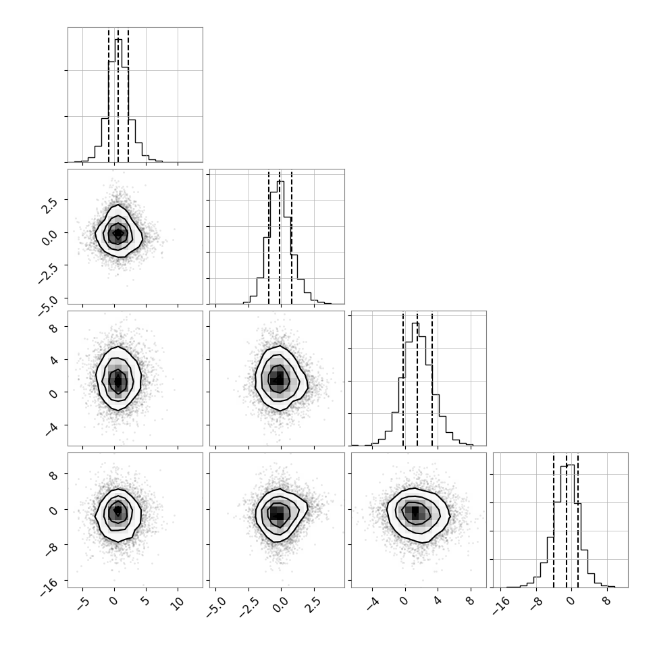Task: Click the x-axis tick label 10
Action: pos(177,604)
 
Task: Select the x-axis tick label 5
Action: pos(145,602)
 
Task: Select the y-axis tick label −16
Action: pos(49,587)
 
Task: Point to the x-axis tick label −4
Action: pos(373,604)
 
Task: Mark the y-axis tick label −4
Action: pos(51,429)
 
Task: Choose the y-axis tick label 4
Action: pos(53,360)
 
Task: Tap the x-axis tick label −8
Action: pos(536,604)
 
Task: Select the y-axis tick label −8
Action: pos(51,549)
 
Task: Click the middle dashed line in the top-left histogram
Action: pos(117,95)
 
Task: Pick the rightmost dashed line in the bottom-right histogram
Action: pos(578,521)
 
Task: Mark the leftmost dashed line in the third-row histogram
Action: pos(403,379)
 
